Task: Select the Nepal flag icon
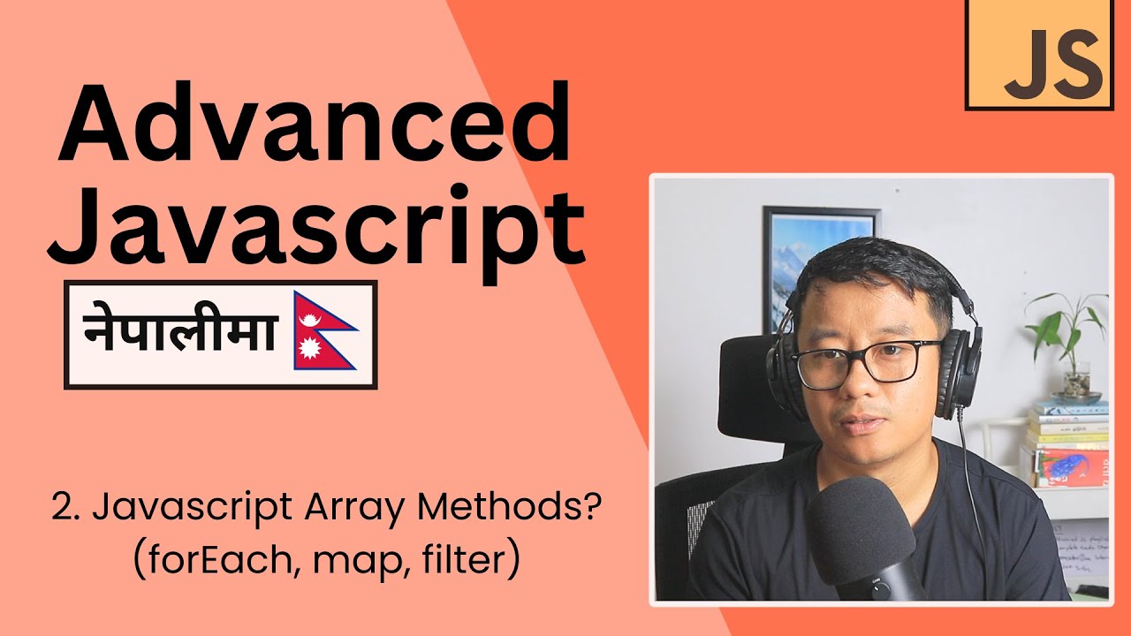(324, 334)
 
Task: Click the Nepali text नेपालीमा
(180, 334)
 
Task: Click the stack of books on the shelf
(1069, 442)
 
